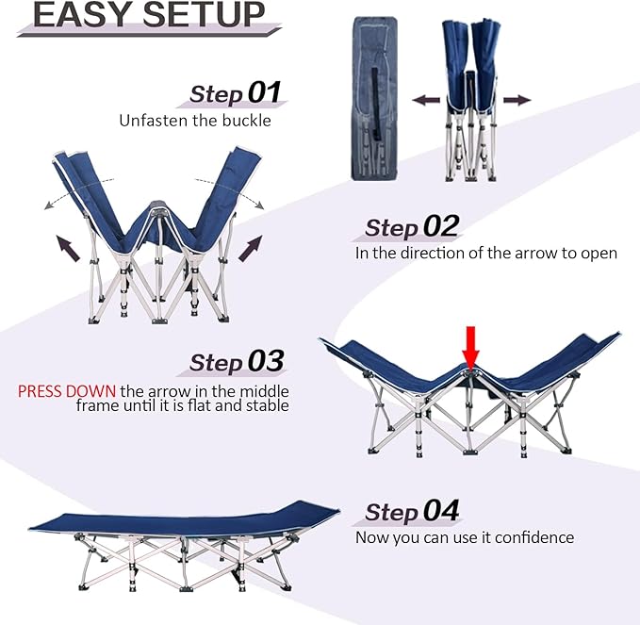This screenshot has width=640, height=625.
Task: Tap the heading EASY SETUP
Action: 149,15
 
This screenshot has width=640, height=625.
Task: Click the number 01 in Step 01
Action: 265,92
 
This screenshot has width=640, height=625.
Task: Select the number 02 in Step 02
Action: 441,225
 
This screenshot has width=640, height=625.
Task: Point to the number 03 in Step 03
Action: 266,361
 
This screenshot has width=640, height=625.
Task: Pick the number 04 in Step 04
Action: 441,510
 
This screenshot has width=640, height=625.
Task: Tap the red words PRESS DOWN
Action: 67,391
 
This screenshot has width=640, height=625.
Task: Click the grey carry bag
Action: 374,98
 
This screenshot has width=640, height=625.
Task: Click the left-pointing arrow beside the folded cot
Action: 426,100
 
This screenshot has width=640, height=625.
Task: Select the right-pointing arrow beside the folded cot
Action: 517,100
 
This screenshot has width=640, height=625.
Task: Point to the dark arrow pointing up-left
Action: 68,248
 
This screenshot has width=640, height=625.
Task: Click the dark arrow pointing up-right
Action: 250,248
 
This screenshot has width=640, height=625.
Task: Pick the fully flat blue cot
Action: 184,546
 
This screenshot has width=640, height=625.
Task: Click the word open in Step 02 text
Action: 599,254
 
